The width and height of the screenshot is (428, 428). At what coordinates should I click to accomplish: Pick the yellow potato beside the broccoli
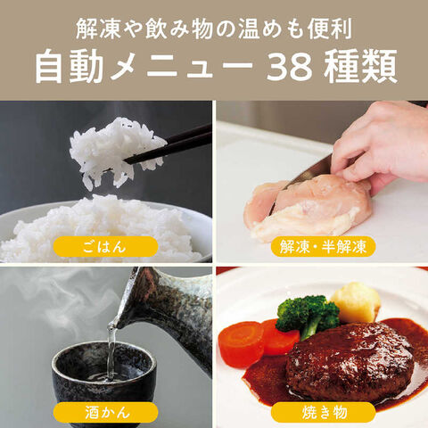click(x=354, y=301)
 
